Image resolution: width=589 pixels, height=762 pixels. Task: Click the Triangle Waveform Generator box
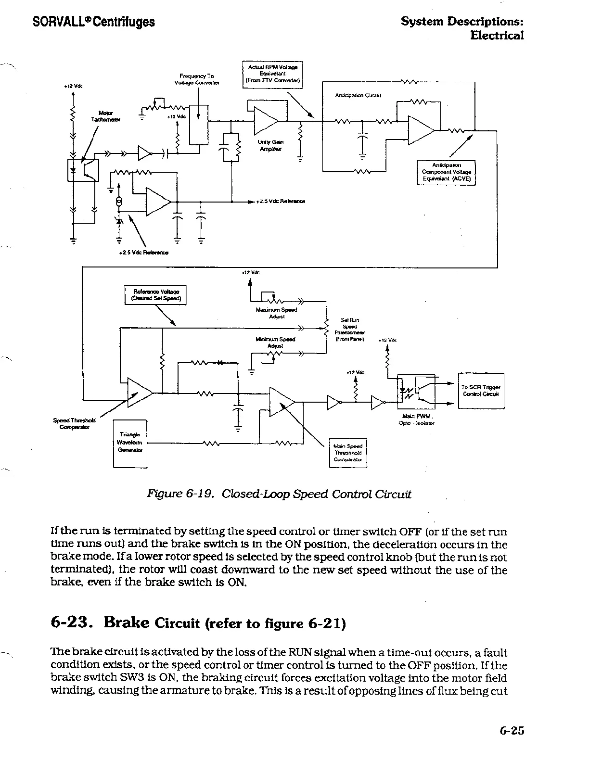point(130,443)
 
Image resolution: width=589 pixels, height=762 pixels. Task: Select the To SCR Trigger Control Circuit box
point(481,391)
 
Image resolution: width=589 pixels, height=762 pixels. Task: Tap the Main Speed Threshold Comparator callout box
point(347,453)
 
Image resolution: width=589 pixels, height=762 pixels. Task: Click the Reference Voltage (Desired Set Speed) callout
point(155,295)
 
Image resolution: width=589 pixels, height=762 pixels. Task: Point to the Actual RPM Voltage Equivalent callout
point(272,74)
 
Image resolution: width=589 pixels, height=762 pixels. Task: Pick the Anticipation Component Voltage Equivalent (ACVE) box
point(446,172)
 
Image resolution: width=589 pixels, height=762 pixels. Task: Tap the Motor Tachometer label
point(106,116)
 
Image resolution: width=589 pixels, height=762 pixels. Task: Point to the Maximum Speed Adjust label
point(276,313)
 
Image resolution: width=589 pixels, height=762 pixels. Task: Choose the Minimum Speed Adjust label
point(275,343)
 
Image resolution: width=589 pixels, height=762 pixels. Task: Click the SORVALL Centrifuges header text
point(94,22)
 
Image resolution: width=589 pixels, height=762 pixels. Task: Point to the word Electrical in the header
point(497,35)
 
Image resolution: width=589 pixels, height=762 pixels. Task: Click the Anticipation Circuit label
point(358,95)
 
